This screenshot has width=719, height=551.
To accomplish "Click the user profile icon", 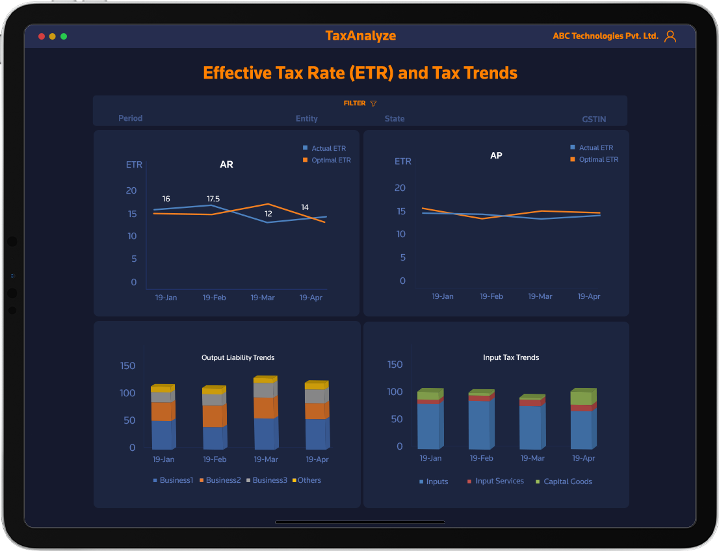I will click(670, 36).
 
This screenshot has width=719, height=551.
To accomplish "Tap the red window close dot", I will click(42, 36).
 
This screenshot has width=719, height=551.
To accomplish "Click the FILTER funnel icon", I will click(373, 104).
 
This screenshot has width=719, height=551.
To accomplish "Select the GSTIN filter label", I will click(594, 120).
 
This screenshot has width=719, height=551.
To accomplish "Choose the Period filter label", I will click(130, 118).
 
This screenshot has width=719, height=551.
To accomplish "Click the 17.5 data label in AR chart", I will click(213, 199).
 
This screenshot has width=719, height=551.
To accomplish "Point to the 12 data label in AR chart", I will click(268, 214).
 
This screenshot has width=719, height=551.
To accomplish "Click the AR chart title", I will click(226, 164).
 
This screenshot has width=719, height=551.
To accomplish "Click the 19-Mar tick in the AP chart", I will click(540, 296).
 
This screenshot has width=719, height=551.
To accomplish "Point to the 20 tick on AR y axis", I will click(131, 190).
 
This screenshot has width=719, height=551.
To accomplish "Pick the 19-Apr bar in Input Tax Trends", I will click(582, 420).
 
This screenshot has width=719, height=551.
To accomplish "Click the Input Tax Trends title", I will click(511, 357).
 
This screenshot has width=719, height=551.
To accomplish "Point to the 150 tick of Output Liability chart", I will click(128, 366).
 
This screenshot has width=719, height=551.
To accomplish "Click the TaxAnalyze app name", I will click(360, 36).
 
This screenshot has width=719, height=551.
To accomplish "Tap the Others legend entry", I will click(309, 480).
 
